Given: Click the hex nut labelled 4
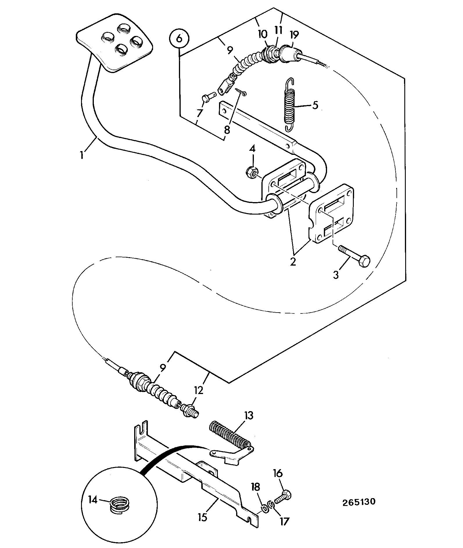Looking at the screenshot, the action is click(x=252, y=173).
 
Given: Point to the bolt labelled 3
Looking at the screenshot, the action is click(x=354, y=257).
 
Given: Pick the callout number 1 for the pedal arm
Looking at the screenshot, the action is click(x=82, y=155).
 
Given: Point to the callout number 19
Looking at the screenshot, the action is click(x=294, y=35).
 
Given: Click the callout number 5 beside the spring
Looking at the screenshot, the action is click(x=315, y=105).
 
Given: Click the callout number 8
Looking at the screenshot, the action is click(x=227, y=130).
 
